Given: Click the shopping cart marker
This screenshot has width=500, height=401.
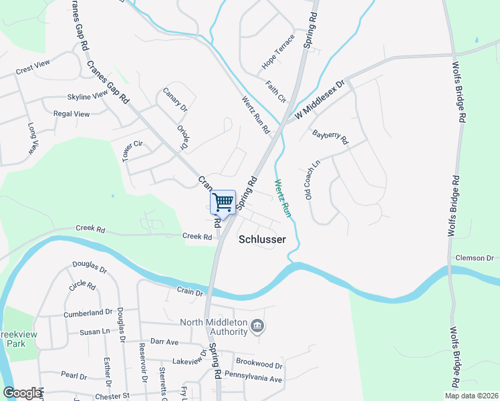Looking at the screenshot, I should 223,202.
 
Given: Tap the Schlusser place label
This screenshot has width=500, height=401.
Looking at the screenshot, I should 262,239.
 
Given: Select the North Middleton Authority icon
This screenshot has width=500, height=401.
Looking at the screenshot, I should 257,327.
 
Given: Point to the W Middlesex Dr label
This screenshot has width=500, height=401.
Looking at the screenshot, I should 320,100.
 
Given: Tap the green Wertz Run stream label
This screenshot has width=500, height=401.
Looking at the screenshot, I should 283,198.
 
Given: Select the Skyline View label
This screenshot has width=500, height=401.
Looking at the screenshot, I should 88,96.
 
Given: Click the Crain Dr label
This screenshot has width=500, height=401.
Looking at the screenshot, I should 190,291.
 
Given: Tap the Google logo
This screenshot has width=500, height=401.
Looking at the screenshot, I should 21,393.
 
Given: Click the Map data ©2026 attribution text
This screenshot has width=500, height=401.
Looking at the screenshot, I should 471,396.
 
